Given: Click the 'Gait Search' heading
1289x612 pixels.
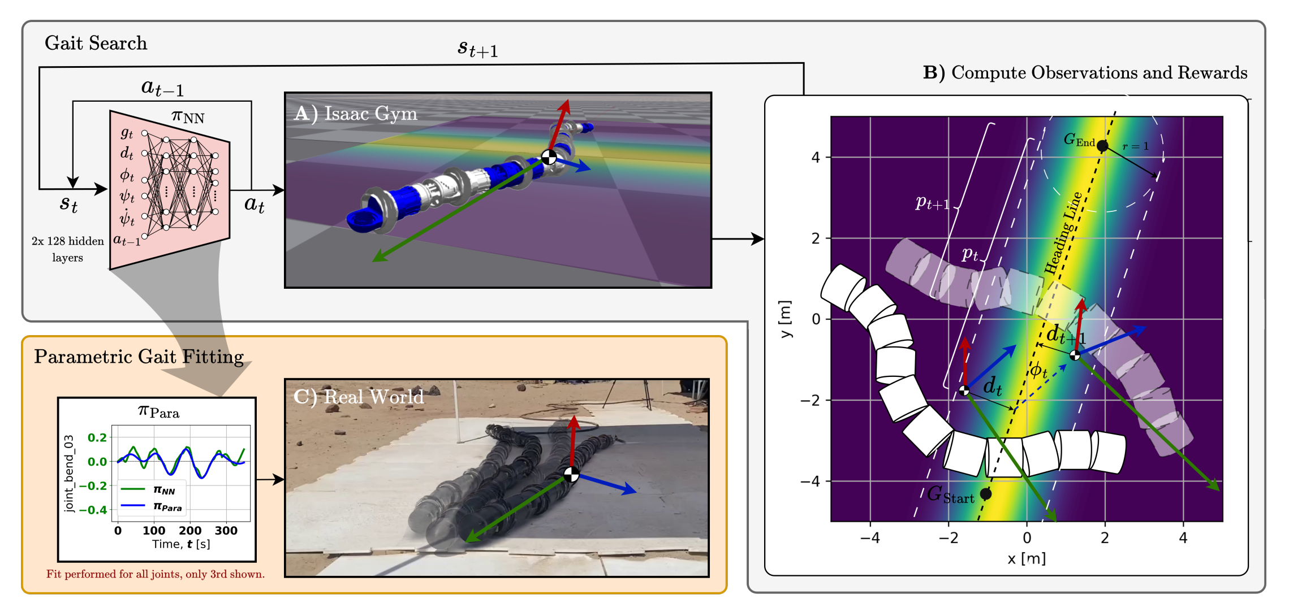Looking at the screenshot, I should [x=96, y=44].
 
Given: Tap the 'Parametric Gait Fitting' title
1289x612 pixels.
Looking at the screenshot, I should [x=139, y=357].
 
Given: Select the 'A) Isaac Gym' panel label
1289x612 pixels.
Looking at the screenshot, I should [x=356, y=114].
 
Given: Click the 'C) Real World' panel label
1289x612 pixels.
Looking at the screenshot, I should [x=359, y=397].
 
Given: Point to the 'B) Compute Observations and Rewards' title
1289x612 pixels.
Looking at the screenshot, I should [x=1085, y=73].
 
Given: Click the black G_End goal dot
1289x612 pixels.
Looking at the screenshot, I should [x=1102, y=146].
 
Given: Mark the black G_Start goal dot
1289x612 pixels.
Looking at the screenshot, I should [x=986, y=493].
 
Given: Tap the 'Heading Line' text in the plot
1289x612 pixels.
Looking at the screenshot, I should [x=1063, y=233].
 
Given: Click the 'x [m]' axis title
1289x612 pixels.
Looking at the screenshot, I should [x=1027, y=559].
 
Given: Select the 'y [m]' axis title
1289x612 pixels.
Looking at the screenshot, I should [x=785, y=319].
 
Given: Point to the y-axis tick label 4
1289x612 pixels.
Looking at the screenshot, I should [x=815, y=157].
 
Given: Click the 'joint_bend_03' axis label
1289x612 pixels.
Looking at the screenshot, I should [x=69, y=474].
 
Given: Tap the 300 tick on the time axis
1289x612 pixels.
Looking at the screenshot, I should [x=226, y=531].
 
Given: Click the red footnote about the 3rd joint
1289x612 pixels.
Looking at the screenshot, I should [x=156, y=574].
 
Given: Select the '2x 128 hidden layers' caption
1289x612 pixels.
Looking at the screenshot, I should [x=67, y=249].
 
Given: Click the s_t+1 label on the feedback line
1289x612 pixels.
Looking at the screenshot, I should [x=477, y=49].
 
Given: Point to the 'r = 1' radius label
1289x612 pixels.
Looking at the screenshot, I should [x=1136, y=146].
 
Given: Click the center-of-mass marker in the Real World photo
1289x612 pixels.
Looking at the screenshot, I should [x=571, y=474].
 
